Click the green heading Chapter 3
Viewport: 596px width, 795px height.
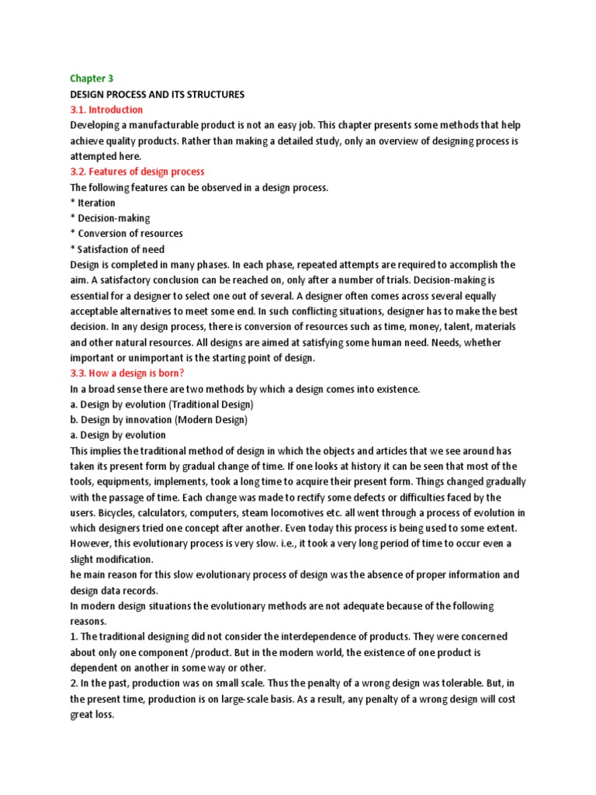click(x=92, y=78)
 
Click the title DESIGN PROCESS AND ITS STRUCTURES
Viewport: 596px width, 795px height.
click(x=158, y=94)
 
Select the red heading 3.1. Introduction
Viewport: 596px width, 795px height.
click(x=106, y=109)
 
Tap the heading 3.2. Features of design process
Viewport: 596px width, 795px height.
click(x=137, y=171)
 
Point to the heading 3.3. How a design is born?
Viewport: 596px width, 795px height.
click(x=126, y=373)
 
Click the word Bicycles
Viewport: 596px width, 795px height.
click(x=119, y=512)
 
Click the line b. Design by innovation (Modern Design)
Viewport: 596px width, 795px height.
click(x=159, y=420)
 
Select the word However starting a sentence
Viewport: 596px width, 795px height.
click(x=91, y=543)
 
